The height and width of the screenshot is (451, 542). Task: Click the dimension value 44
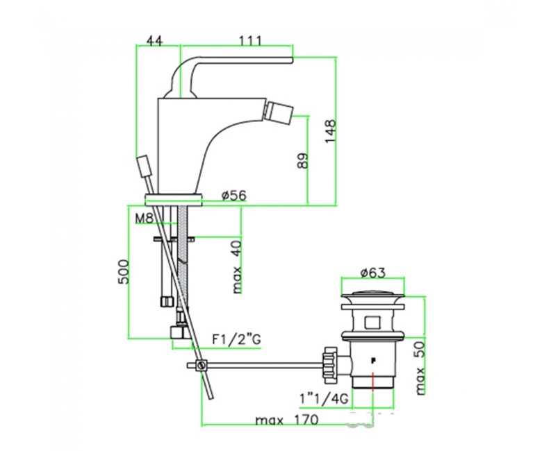[154, 41]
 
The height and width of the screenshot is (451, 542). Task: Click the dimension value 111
[250, 41]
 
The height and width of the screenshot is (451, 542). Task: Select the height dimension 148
[330, 131]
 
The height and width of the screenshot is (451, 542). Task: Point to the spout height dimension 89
[302, 160]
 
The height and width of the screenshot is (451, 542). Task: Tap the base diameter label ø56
[234, 196]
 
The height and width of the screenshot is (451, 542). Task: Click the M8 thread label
[144, 218]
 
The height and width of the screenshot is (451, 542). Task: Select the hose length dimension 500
[124, 271]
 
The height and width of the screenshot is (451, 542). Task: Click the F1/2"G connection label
[236, 340]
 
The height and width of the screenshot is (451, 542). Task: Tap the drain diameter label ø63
[372, 273]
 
